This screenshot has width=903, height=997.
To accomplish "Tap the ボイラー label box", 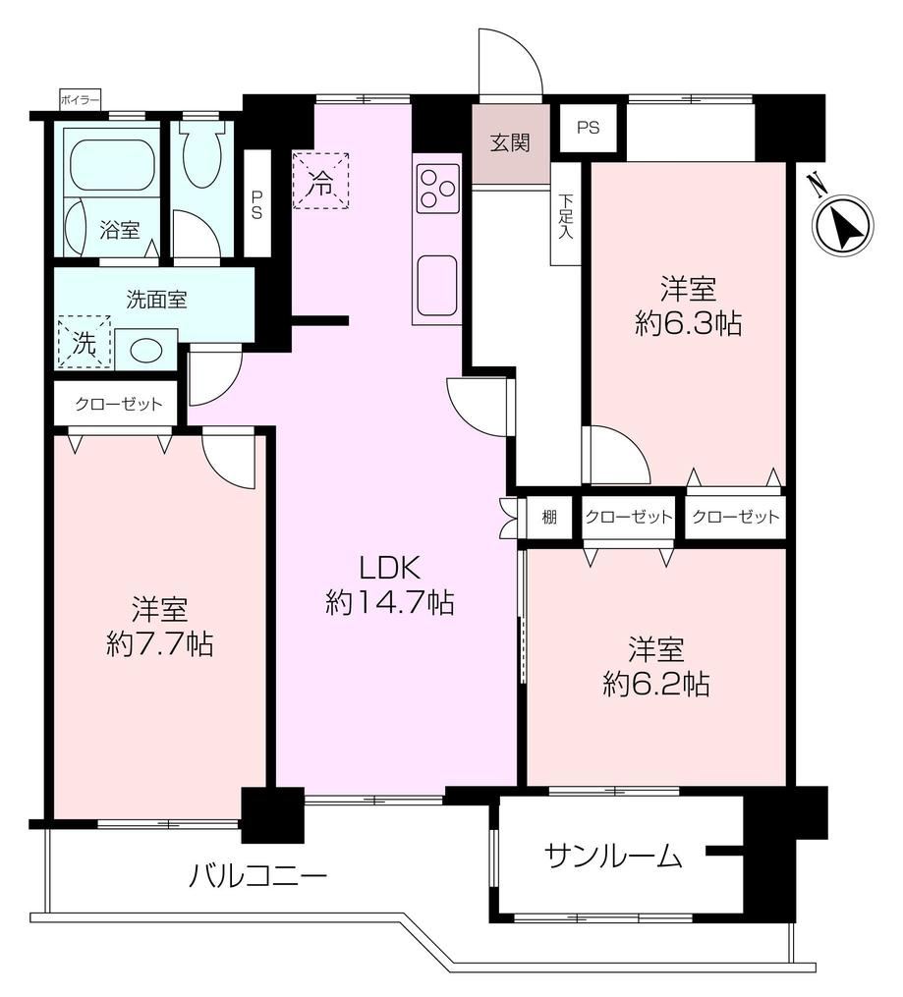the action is click(x=81, y=100).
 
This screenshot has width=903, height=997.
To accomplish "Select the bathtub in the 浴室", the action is click(x=113, y=164).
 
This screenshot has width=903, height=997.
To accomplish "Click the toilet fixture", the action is click(x=202, y=153).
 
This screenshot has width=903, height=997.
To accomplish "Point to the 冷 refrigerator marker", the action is click(x=320, y=181).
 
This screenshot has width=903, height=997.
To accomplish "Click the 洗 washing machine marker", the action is click(x=85, y=342).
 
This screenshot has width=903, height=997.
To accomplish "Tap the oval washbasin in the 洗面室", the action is click(x=146, y=349).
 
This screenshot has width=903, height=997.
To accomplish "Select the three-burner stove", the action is click(x=437, y=189).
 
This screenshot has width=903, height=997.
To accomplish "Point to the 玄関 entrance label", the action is click(x=510, y=143).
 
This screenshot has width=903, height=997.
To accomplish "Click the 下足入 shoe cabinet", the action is click(x=565, y=214).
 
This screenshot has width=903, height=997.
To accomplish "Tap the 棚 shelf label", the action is click(x=549, y=517).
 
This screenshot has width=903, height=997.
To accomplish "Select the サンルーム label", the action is click(x=613, y=857).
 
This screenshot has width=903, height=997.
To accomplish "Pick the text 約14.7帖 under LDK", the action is click(x=390, y=602).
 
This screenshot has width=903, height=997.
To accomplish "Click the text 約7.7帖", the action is click(x=159, y=644).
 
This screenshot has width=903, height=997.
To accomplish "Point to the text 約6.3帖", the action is click(x=688, y=324).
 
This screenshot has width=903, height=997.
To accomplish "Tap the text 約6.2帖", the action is click(x=656, y=685).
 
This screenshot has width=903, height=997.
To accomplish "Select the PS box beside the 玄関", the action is click(x=589, y=128).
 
